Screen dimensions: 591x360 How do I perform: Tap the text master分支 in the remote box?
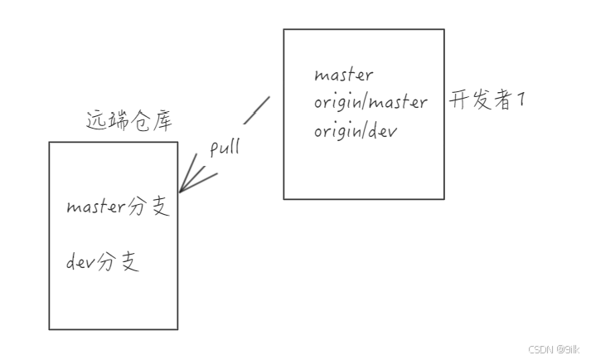[118, 207]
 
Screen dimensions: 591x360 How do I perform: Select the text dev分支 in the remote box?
[103, 263]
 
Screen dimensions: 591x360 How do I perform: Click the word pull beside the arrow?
[225, 148]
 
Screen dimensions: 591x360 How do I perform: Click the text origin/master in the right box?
[371, 103]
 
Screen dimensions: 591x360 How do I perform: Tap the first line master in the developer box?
[343, 75]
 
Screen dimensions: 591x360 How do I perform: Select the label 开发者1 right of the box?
[487, 101]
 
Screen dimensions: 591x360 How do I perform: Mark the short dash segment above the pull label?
[257, 109]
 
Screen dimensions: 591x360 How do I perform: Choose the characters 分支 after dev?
[119, 263]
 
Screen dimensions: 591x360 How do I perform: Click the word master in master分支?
[97, 207]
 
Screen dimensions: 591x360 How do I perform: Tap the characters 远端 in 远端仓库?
[105, 121]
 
